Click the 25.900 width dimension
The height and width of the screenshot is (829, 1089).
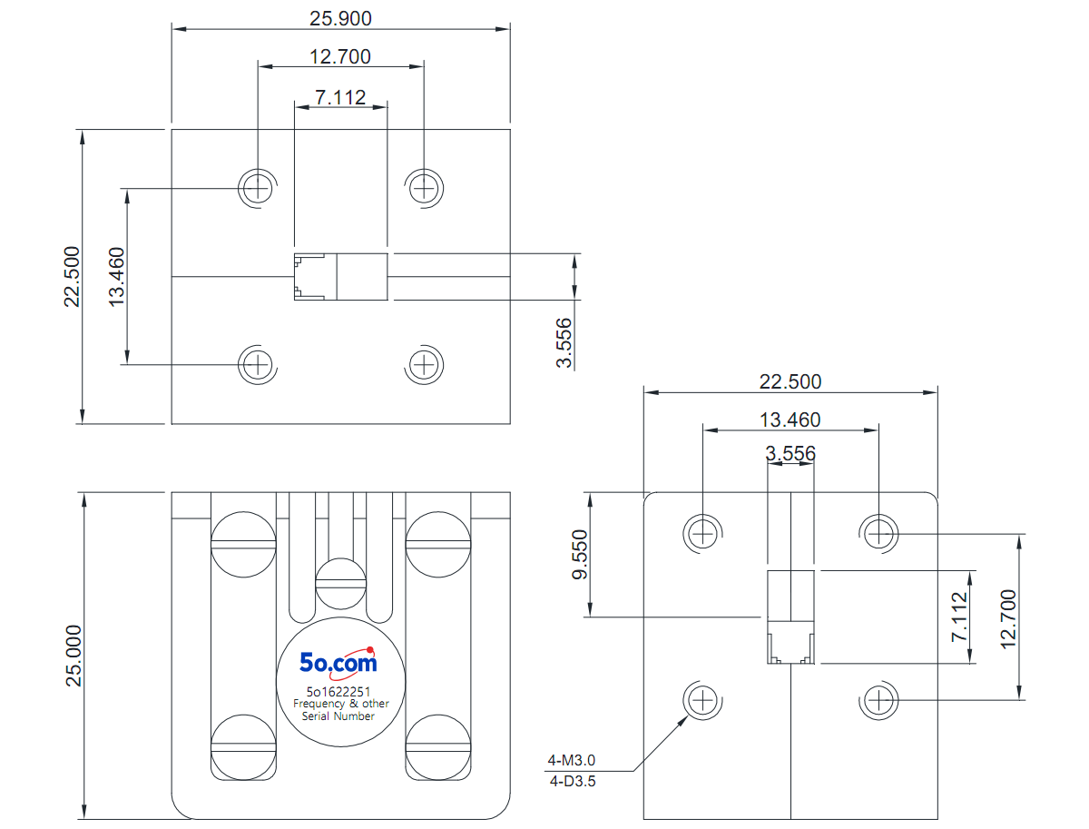coord(340,18)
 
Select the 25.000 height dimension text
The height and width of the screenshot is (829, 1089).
coord(74,656)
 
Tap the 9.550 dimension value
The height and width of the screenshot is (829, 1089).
coord(580,555)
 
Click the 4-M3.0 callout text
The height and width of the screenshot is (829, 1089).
coord(571,759)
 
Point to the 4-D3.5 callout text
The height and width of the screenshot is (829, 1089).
coord(573,782)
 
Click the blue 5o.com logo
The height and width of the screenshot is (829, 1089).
coord(338,663)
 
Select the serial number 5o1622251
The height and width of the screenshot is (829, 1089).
coord(338,692)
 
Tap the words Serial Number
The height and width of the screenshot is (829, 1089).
coord(338,716)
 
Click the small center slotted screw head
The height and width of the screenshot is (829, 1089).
coord(341,583)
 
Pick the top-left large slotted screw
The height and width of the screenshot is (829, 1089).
coord(243,544)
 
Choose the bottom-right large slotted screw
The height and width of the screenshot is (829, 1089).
coord(438,747)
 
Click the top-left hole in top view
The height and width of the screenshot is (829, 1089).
coord(258,189)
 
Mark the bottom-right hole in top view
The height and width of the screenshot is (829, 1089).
coord(424,365)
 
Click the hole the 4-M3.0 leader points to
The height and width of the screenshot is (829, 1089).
coord(702,700)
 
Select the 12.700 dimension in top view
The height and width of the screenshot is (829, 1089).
coord(340,56)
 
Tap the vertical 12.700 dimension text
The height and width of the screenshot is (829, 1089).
coord(1008,619)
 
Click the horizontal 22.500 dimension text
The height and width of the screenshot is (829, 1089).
coord(790,381)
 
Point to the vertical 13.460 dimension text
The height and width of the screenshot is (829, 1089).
coord(116,277)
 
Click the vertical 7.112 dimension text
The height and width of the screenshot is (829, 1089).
coord(959,617)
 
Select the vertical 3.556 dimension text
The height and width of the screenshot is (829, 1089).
coord(564,342)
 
